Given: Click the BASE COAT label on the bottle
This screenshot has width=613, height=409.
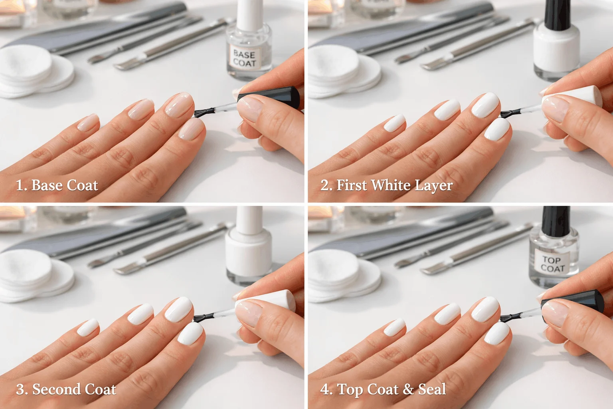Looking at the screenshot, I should click(x=245, y=58).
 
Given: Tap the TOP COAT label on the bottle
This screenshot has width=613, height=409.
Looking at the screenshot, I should click(x=553, y=264).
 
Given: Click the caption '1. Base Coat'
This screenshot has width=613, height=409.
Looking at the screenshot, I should click(x=57, y=185).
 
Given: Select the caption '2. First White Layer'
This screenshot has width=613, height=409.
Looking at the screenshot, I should click(x=386, y=185).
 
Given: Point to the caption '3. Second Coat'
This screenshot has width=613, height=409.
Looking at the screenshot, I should click(x=66, y=389).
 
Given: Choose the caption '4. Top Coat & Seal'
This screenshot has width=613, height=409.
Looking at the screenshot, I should click(x=383, y=389).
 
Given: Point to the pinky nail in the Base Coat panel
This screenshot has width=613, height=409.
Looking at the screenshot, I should click(x=88, y=123).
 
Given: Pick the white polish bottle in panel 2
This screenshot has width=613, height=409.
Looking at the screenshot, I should click(x=557, y=48).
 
